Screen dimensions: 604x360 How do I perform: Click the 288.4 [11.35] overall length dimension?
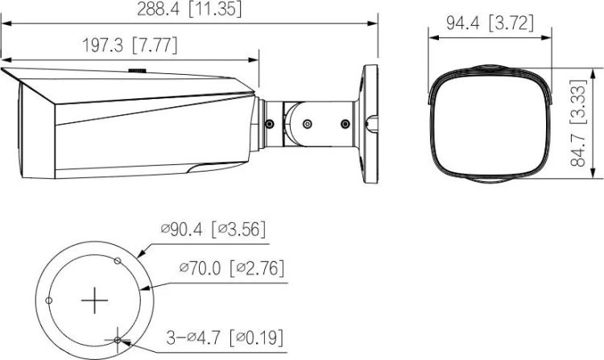pos(189,9)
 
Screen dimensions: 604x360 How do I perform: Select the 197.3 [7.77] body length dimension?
pos(130,45)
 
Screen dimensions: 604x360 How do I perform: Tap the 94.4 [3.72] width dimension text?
pos(490,23)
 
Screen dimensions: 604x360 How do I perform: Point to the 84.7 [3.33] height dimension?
pos(578,123)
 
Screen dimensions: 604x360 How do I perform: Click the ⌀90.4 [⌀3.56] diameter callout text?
pos(213,230)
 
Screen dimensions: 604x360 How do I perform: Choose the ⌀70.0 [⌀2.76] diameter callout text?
pos(232,267)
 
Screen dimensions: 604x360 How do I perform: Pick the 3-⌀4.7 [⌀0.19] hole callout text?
pos(225,337)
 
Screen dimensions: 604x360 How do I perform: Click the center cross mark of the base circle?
pos(94,300)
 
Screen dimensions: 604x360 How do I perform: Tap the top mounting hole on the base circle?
pos(118,261)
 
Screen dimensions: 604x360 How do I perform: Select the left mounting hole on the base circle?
pos(49,300)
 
